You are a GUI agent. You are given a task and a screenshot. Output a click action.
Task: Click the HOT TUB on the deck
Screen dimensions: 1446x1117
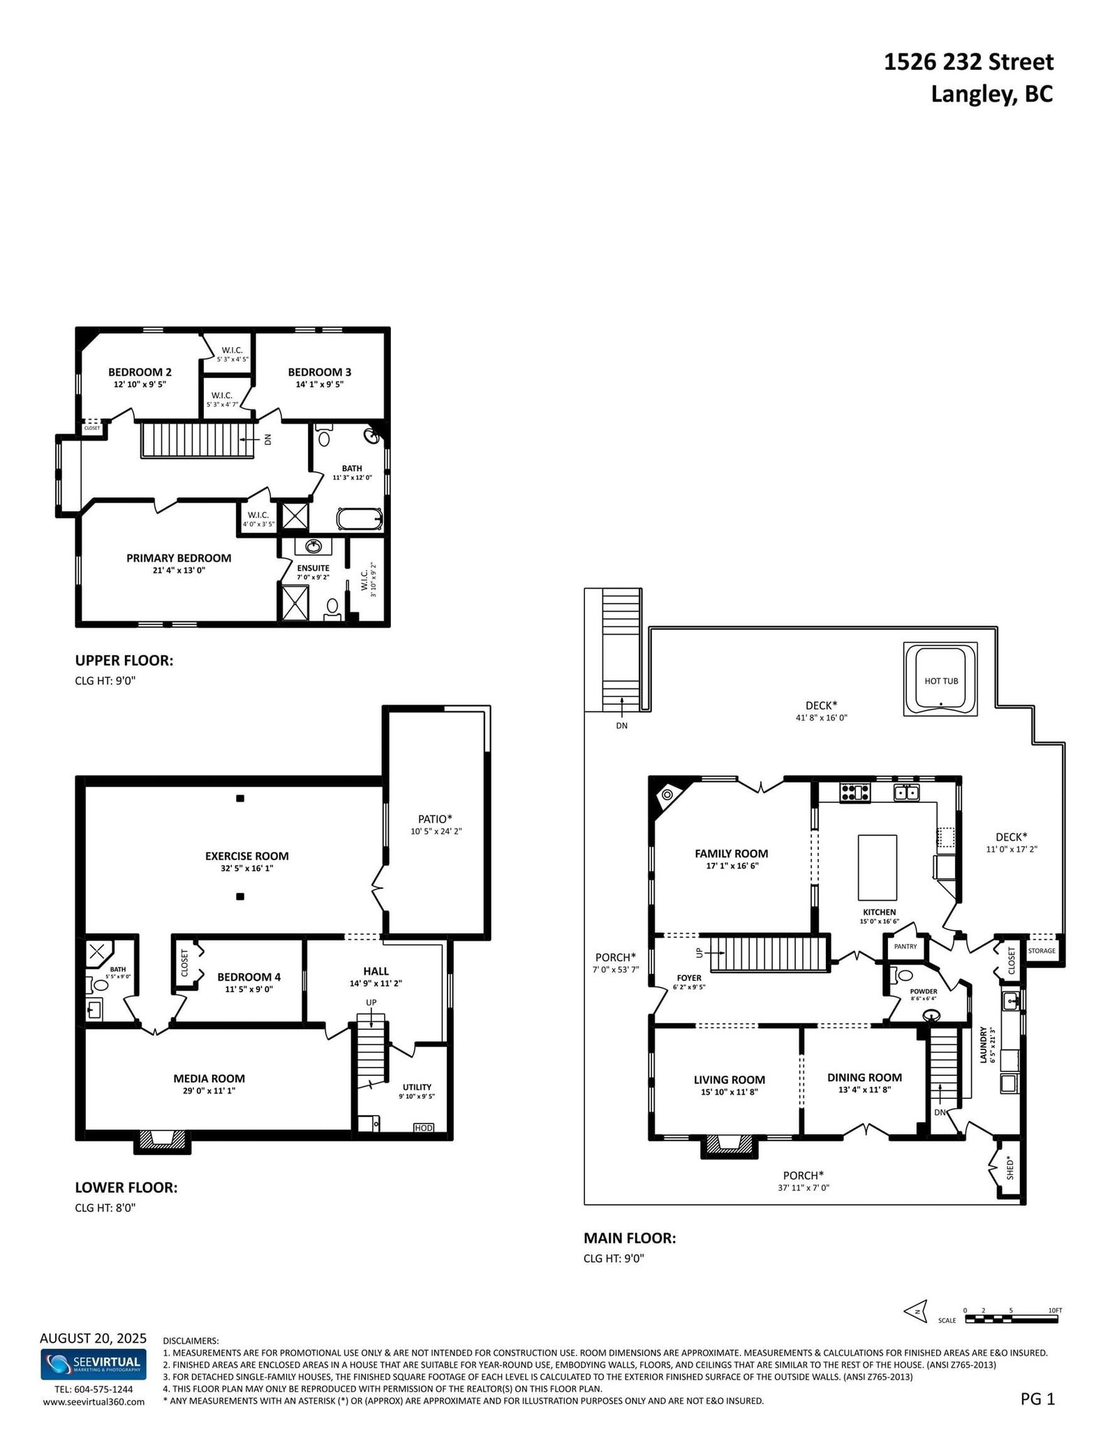tap(940, 679)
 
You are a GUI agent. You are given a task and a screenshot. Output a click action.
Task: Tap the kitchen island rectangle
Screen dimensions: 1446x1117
tap(877, 867)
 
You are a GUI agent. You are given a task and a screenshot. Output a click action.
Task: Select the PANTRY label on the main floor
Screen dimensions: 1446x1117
tap(905, 947)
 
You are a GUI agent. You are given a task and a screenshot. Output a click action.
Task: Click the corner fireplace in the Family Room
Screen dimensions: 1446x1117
tap(667, 794)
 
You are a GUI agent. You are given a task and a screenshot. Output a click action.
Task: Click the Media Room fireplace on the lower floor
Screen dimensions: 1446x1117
tap(161, 1139)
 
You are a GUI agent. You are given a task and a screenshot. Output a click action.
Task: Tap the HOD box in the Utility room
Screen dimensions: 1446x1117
tap(423, 1128)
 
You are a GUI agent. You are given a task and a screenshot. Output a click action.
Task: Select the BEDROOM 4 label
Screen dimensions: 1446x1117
tap(249, 977)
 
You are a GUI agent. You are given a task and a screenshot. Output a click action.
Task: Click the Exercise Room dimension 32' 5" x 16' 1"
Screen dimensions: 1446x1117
tap(246, 869)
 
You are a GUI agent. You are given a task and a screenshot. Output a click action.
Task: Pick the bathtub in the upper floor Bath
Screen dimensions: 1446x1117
tap(360, 519)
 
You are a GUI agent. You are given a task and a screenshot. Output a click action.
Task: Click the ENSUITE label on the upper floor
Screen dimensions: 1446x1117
tap(313, 568)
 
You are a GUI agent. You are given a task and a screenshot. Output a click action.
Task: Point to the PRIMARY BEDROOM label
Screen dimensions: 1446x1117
tap(179, 558)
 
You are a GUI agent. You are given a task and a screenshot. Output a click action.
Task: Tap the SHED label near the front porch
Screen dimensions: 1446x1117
tap(1009, 1167)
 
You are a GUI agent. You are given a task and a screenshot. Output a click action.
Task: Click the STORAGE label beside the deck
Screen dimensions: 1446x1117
tap(1042, 951)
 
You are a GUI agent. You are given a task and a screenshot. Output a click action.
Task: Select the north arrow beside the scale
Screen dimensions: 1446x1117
tap(915, 1311)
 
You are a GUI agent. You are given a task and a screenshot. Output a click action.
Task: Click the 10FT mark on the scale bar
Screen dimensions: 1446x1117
tap(1054, 1311)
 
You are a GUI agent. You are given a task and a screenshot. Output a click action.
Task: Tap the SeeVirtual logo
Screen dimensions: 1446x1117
tap(94, 1362)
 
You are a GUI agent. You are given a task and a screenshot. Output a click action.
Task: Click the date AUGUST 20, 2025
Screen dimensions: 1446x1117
tap(94, 1338)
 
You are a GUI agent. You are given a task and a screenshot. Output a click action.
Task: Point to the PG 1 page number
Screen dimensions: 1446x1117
tap(1038, 1399)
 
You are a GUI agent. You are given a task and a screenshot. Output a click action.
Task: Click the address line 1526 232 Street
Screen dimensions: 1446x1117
tap(968, 62)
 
